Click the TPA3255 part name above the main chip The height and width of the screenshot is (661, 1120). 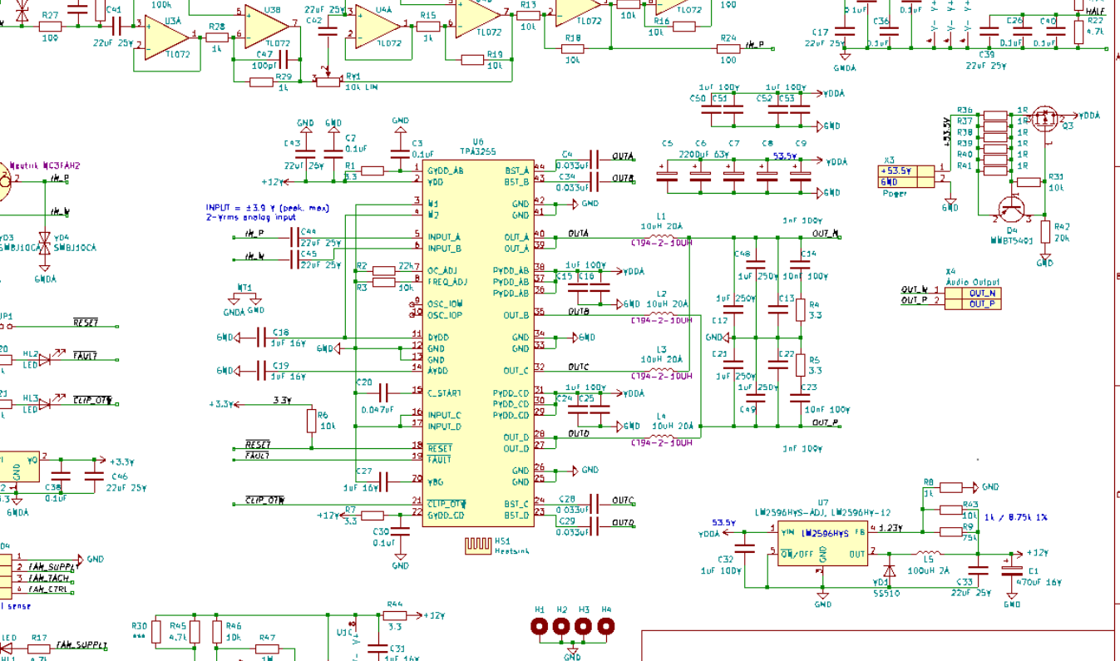pos(478,152)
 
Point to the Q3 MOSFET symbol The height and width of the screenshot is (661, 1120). pos(1044,119)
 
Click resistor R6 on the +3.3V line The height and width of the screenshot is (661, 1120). pos(311,421)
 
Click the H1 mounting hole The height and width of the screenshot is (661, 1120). pos(540,627)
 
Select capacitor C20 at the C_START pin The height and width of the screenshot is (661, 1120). pos(384,392)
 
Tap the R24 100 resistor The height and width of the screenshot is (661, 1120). pos(728,49)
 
